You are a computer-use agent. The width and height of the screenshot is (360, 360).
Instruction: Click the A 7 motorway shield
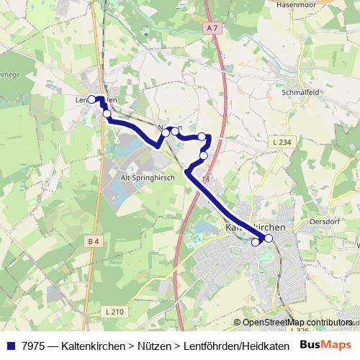point(210,28)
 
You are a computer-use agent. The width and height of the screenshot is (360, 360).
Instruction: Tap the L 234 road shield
point(283,143)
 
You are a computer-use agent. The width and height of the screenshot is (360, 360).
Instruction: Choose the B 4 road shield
point(93,241)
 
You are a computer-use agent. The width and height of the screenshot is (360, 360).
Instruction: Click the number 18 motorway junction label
point(206,179)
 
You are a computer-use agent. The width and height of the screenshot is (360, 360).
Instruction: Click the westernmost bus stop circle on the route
point(91,100)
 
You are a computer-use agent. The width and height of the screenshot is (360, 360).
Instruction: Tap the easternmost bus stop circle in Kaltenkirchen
point(269,238)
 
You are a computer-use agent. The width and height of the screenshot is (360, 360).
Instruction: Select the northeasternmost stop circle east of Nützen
point(202,137)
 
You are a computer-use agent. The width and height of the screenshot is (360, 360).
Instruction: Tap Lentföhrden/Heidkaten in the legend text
point(230,345)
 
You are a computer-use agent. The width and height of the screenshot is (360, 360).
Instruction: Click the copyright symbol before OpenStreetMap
point(238,323)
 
